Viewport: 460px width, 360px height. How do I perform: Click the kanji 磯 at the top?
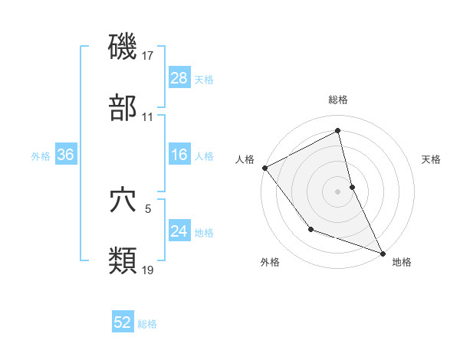[x=123, y=47]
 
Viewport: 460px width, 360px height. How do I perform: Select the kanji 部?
[x=123, y=109]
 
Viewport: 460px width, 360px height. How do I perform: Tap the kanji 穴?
[x=123, y=201]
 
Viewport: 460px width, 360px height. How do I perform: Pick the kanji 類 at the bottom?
[x=123, y=260]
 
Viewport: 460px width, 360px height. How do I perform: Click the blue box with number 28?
[x=179, y=77]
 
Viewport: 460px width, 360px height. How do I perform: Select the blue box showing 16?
[x=179, y=155]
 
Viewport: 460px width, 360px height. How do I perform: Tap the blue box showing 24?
[x=179, y=231]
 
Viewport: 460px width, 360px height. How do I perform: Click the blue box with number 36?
[x=65, y=155]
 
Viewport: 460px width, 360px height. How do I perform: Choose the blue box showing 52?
[x=123, y=322]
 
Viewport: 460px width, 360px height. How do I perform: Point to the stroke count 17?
[x=149, y=55]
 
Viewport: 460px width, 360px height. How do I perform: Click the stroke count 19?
[x=149, y=270]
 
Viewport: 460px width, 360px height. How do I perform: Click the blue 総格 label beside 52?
[x=147, y=324]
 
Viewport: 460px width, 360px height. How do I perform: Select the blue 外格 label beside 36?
[x=41, y=155]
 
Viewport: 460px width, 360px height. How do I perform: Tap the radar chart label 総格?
[x=338, y=100]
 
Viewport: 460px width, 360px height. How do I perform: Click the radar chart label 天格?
[x=432, y=159]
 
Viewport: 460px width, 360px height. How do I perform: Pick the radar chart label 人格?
[x=245, y=159]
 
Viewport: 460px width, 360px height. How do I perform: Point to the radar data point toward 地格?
[x=383, y=253]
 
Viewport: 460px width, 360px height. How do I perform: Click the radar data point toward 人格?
[x=264, y=168]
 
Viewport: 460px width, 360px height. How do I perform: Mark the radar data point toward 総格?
[x=338, y=131]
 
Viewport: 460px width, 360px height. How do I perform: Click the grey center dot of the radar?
[x=338, y=191]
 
